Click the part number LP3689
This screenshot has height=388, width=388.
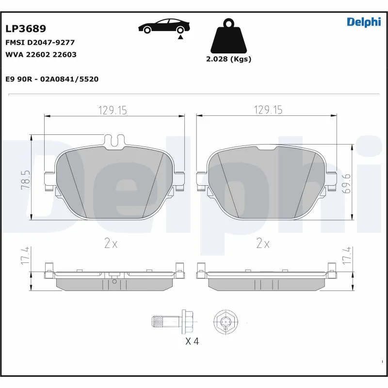[x=26, y=29]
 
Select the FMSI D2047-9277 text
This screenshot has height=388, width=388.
[x=40, y=43]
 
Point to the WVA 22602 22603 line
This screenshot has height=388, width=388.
[x=41, y=55]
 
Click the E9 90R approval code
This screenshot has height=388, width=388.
[x=52, y=79]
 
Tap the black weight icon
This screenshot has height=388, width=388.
[x=228, y=36]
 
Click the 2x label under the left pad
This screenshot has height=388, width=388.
[x=111, y=244]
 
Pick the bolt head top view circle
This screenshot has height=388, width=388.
[x=226, y=321]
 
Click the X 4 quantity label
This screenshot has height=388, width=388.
[x=192, y=341]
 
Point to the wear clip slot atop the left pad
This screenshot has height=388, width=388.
[x=114, y=141]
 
